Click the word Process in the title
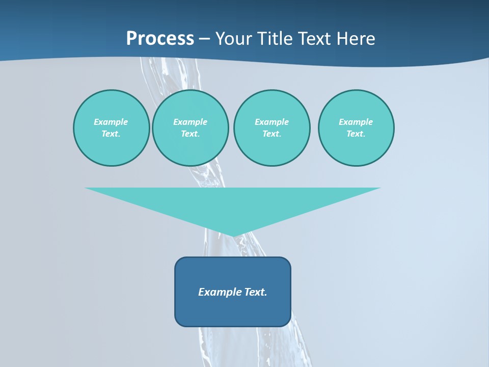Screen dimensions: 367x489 (x=160, y=39)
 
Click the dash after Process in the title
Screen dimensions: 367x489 (x=204, y=39)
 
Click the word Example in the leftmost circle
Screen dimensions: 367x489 (x=111, y=122)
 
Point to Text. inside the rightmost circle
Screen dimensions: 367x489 (x=356, y=134)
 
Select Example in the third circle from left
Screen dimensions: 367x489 (x=271, y=122)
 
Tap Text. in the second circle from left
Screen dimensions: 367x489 (x=190, y=134)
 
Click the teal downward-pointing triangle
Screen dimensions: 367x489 (x=233, y=204)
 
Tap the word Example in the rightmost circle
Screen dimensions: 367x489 (x=356, y=122)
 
